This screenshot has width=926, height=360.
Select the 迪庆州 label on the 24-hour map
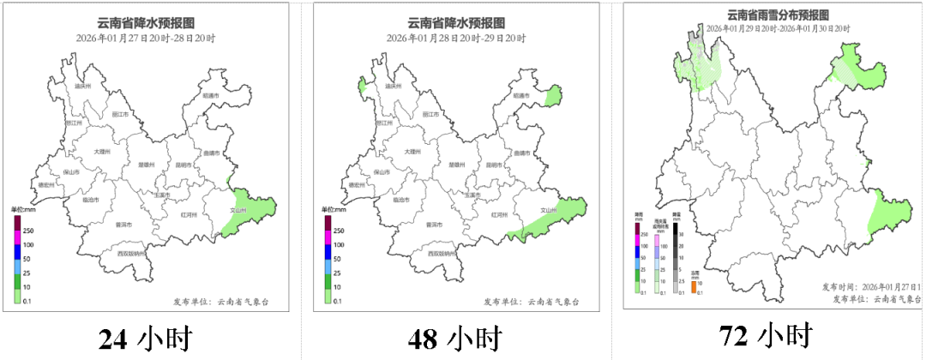(x=83, y=87)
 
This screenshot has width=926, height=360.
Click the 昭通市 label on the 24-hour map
(x=210, y=95)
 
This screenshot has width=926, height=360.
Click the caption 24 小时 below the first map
(x=145, y=339)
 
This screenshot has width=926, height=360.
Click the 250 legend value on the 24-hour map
(x=27, y=231)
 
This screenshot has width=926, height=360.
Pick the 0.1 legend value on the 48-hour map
(x=337, y=301)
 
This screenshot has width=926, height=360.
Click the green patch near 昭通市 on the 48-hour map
(x=554, y=95)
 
